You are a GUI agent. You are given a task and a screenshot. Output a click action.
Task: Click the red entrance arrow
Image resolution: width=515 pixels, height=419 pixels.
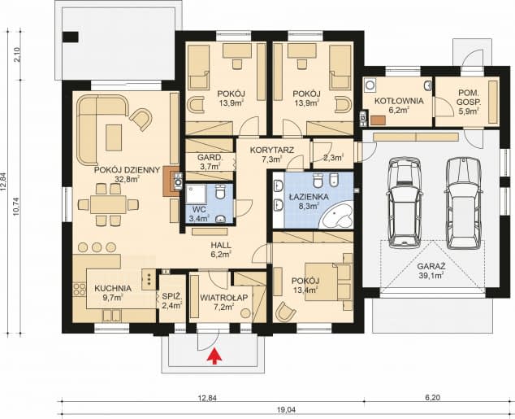214,356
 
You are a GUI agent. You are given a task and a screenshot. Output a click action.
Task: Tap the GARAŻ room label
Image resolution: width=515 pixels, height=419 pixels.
431,266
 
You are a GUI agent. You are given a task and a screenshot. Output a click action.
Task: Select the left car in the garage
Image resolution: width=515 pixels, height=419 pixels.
404,203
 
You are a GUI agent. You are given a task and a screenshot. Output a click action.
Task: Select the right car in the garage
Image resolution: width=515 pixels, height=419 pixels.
464,203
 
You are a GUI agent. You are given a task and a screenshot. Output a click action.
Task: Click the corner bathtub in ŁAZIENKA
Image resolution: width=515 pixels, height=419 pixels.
337,216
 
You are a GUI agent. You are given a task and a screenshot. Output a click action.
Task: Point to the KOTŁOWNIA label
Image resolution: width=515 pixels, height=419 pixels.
399,101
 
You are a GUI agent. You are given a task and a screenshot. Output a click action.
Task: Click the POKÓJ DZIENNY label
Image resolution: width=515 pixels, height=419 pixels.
127,170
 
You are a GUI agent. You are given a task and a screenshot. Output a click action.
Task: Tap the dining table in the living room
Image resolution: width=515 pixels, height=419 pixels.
108,204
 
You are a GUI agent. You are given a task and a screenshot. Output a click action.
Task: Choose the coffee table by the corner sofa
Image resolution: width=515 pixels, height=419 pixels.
114,137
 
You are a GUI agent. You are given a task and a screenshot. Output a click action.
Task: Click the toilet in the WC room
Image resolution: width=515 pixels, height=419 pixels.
220,191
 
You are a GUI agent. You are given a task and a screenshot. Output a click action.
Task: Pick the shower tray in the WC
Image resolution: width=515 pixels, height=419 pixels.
196,194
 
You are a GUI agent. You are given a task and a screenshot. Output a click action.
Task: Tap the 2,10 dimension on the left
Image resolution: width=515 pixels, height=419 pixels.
17,55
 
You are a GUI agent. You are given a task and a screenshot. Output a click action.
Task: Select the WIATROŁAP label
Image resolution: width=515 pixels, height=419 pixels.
224,297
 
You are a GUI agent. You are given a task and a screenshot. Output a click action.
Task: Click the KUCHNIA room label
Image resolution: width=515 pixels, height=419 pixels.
113,289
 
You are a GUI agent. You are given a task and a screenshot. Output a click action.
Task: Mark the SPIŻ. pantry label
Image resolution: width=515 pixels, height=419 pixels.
171,296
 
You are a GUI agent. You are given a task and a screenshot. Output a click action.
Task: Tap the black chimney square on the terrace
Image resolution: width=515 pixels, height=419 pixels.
71,37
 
